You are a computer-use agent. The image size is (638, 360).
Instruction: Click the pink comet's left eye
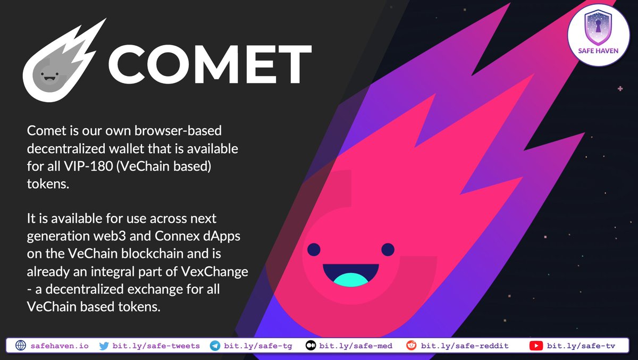point(314,249)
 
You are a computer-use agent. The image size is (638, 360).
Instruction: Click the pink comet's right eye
point(388,249)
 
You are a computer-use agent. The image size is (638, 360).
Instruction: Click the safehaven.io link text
point(60,346)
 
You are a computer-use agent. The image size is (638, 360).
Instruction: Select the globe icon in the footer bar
point(21,346)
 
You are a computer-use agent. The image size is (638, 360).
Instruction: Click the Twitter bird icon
point(104,346)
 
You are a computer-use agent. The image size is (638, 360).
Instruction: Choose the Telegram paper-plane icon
point(215,346)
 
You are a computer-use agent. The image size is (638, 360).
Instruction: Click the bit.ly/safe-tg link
point(258,346)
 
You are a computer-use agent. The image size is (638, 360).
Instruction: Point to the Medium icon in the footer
point(310,346)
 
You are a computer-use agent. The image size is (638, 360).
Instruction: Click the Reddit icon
point(411,346)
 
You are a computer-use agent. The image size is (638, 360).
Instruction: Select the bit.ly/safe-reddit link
point(465,346)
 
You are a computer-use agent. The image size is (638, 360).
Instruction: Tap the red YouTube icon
point(536,346)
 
